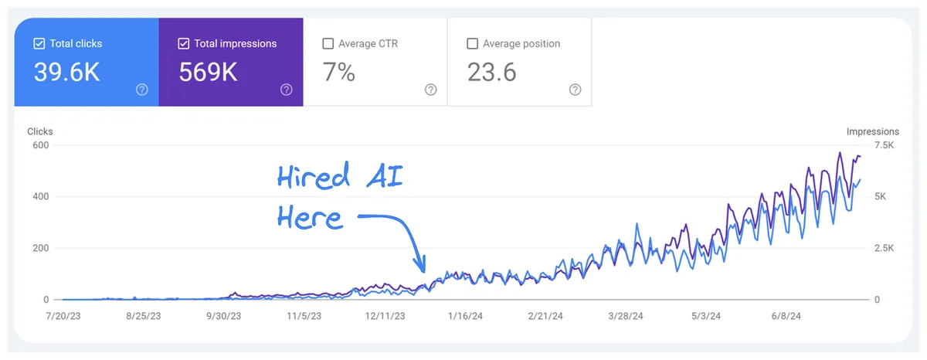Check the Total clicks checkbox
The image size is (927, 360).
39,44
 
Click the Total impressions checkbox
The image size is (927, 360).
184,44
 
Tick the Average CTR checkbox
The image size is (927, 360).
328,44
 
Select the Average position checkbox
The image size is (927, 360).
473,44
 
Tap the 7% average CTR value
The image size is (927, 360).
338,73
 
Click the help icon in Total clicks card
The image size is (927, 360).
142,90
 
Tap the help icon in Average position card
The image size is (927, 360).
575,90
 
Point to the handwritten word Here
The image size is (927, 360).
309,216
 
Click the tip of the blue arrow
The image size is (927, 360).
423,271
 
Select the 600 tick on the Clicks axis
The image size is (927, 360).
40,145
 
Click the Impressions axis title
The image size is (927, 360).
873,131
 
